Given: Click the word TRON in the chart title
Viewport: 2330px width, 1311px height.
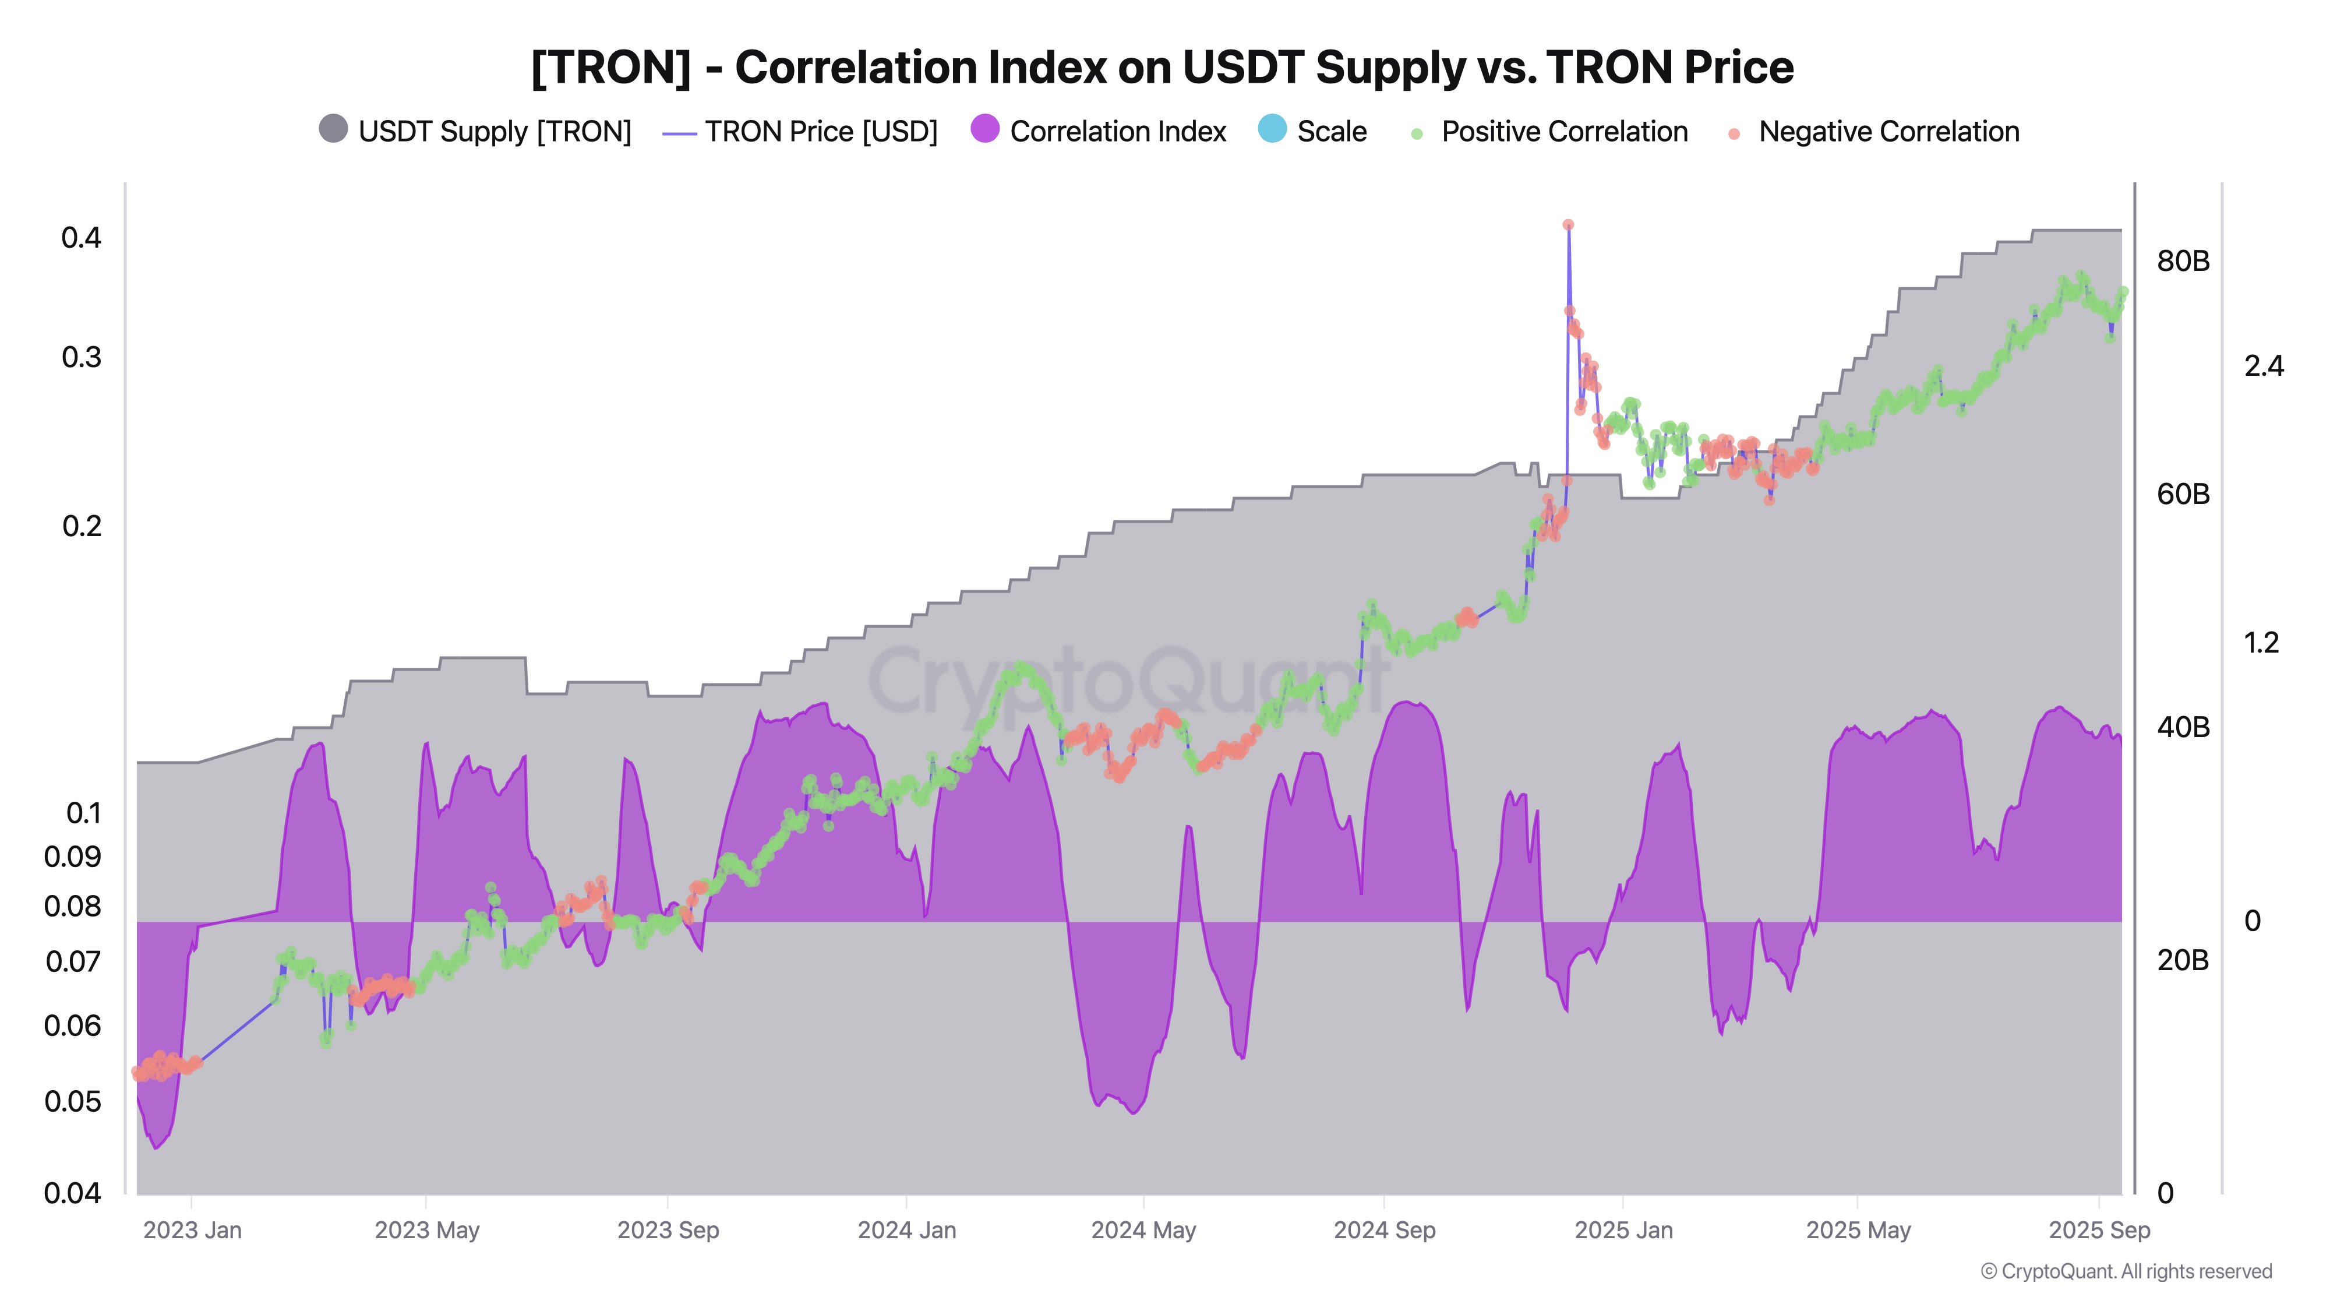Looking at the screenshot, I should click(610, 68).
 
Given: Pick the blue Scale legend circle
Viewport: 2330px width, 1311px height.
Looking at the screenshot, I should click(1272, 129).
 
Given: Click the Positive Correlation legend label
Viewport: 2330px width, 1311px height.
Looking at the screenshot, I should click(1564, 132).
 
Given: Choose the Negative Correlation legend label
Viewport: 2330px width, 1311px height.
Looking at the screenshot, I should click(1888, 132).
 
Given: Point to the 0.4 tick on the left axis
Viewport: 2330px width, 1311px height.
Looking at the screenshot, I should click(82, 238).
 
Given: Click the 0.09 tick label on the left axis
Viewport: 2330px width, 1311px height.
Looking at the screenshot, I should click(72, 856).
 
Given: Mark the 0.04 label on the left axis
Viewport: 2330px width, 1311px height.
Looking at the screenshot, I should click(72, 1193).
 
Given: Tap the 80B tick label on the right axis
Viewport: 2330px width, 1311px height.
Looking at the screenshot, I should click(2183, 262).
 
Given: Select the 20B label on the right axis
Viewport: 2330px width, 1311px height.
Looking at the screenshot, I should click(2183, 960).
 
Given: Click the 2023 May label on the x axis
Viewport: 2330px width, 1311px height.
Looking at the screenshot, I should click(427, 1231).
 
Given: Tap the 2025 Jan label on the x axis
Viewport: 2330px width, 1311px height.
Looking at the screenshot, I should click(1623, 1231).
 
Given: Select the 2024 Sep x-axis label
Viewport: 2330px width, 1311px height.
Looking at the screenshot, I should click(1384, 1231).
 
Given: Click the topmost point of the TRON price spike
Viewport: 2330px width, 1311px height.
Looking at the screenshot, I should click(1568, 224).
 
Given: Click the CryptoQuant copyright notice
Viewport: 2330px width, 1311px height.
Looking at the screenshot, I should click(2126, 1271).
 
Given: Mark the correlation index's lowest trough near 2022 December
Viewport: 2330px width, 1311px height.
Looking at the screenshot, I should click(157, 1147).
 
